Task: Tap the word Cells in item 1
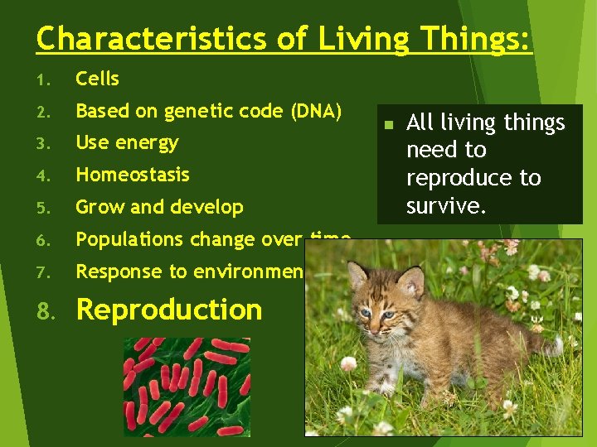click(x=97, y=79)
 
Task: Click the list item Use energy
click(x=127, y=142)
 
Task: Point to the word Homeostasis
click(x=132, y=175)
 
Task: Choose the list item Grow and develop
click(x=159, y=207)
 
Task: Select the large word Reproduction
click(x=169, y=310)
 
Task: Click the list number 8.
click(x=47, y=310)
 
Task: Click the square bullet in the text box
click(x=386, y=125)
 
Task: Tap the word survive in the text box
click(x=444, y=205)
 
